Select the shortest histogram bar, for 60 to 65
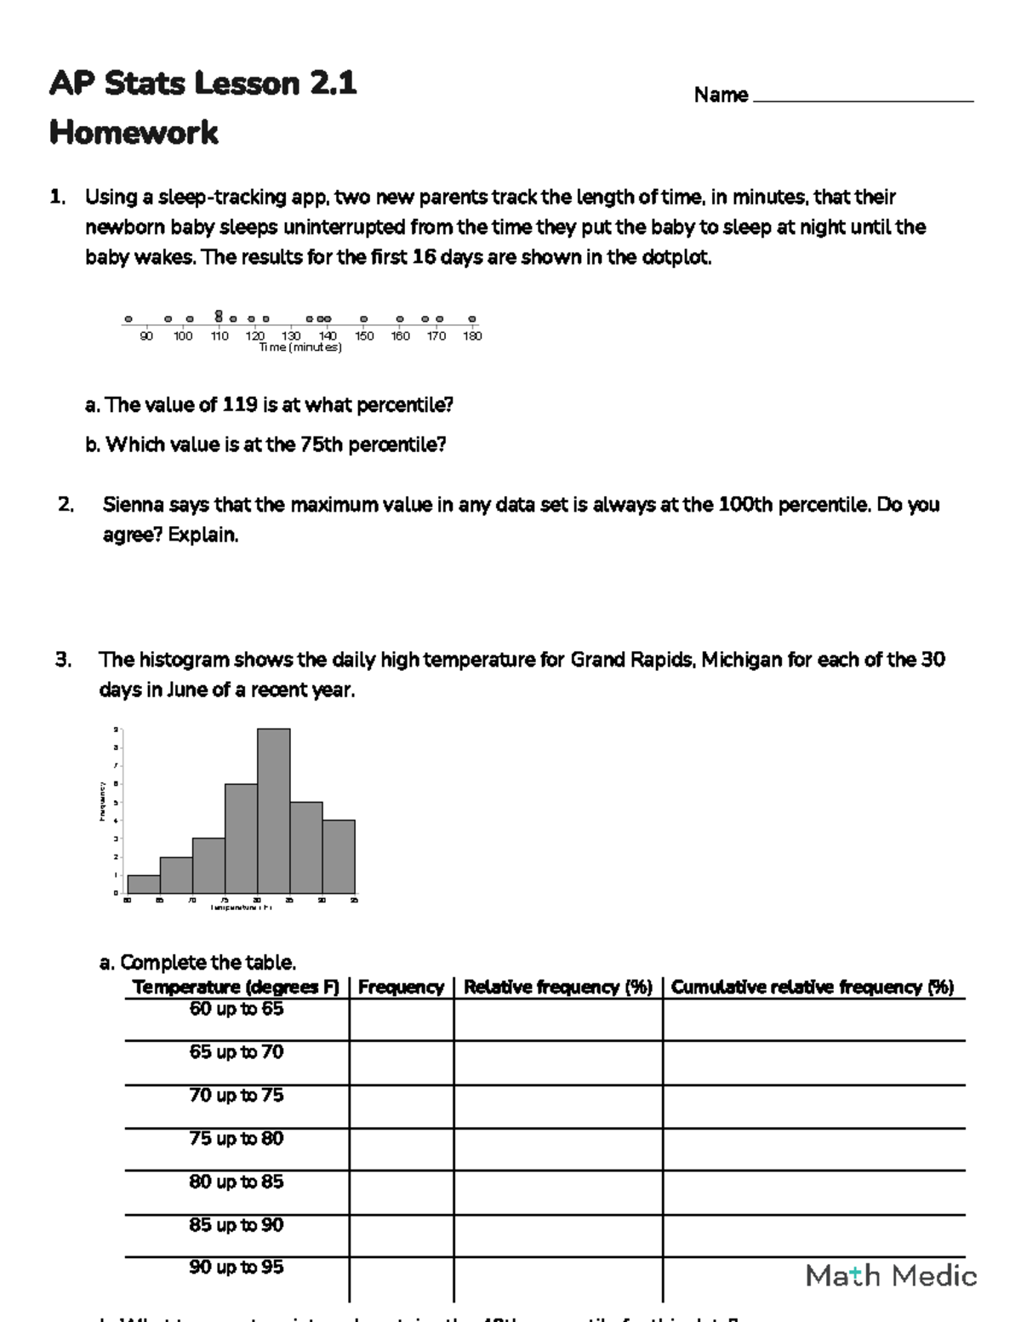tap(144, 884)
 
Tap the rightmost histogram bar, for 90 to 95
tap(339, 856)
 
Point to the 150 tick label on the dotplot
tap(364, 336)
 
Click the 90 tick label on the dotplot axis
tap(146, 336)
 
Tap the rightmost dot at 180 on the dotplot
tap(472, 319)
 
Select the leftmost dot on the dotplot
tap(128, 319)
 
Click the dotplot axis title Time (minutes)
tap(300, 347)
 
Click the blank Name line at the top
tap(863, 95)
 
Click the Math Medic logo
tap(891, 1275)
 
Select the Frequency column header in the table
tap(401, 987)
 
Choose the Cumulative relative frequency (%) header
tap(813, 987)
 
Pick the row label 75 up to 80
tap(237, 1139)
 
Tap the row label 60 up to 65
tap(237, 1010)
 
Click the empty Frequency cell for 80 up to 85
tap(401, 1193)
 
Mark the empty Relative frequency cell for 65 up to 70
tap(558, 1062)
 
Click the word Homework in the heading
tap(134, 133)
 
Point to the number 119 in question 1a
tap(240, 405)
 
